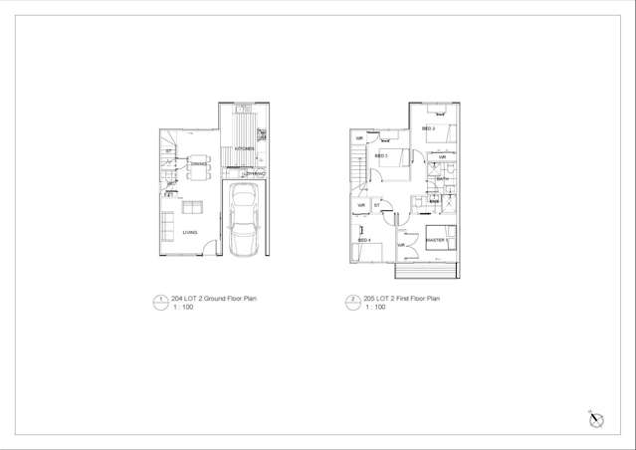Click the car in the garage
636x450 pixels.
pyautogui.click(x=243, y=220)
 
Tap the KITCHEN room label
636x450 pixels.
pyautogui.click(x=244, y=149)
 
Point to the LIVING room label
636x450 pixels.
pyautogui.click(x=189, y=232)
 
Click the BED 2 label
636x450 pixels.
pyautogui.click(x=429, y=129)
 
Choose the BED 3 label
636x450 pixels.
pyautogui.click(x=380, y=155)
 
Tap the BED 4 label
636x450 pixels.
pyautogui.click(x=364, y=240)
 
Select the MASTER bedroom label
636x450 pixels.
pyautogui.click(x=435, y=241)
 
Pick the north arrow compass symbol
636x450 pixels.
pyautogui.click(x=593, y=418)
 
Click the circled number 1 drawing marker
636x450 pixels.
pyautogui.click(x=157, y=300)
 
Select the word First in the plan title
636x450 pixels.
pyautogui.click(x=403, y=298)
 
